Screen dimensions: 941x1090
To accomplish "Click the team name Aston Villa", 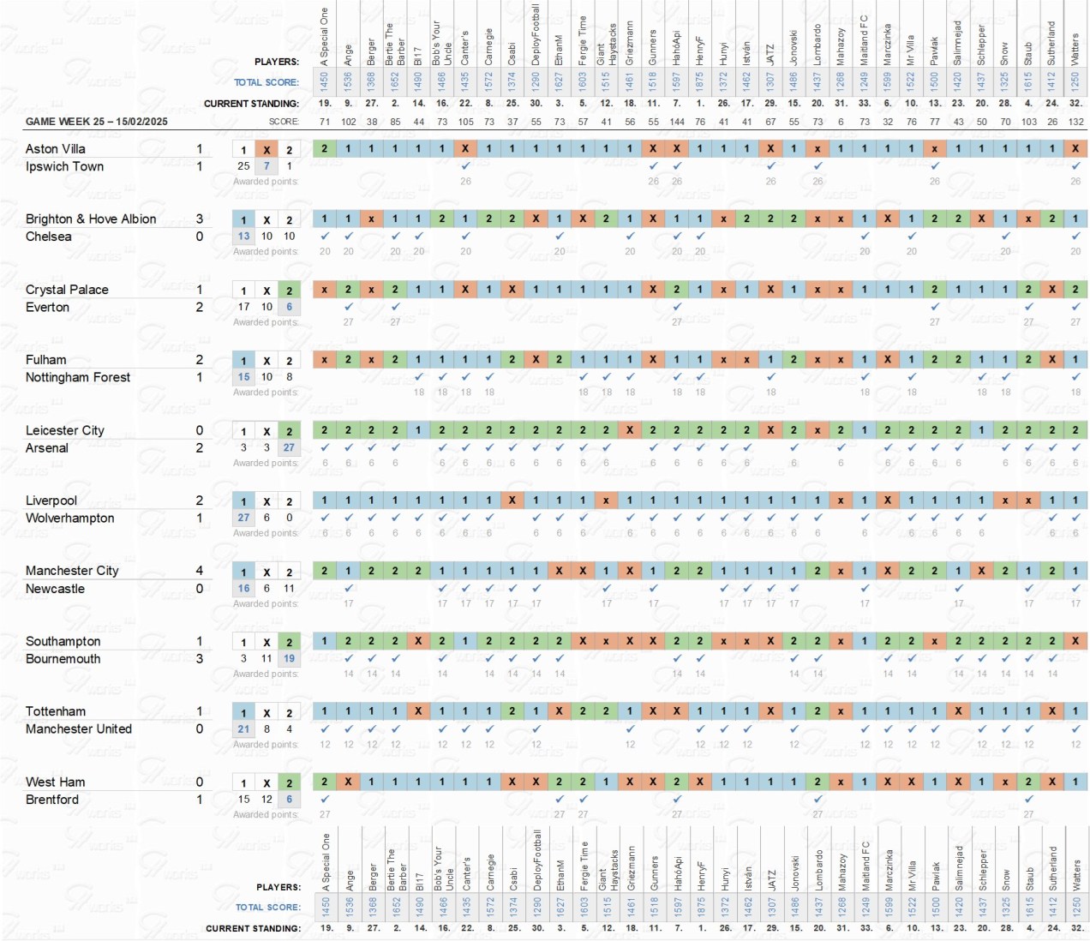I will click(56, 149).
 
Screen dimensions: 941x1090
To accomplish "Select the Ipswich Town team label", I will click(64, 166).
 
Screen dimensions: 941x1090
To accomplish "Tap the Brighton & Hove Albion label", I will click(91, 219).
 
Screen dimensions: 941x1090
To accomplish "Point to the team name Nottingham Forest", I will click(78, 377).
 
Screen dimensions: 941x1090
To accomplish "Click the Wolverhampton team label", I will click(69, 518).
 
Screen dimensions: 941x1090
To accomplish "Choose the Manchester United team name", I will click(79, 728).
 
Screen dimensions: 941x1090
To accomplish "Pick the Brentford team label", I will click(52, 800).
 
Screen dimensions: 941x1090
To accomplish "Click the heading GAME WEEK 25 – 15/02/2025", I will click(97, 122).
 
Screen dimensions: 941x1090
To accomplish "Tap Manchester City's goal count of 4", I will click(200, 571).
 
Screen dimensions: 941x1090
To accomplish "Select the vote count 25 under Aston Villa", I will click(243, 166).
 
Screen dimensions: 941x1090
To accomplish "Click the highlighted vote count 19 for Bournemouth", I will click(290, 659).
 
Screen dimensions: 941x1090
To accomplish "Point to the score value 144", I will click(677, 122).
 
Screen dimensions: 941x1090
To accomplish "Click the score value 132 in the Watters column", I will click(1075, 122).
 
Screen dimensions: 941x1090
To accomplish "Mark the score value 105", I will click(465, 122).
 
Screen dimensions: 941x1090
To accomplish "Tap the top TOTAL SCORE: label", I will click(267, 82).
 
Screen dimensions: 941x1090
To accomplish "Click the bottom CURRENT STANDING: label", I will click(254, 928).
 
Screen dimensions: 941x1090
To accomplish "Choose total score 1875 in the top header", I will click(700, 81).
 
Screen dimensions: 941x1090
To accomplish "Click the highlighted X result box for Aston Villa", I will click(267, 149).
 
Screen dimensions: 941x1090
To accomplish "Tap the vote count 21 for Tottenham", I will click(243, 729).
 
